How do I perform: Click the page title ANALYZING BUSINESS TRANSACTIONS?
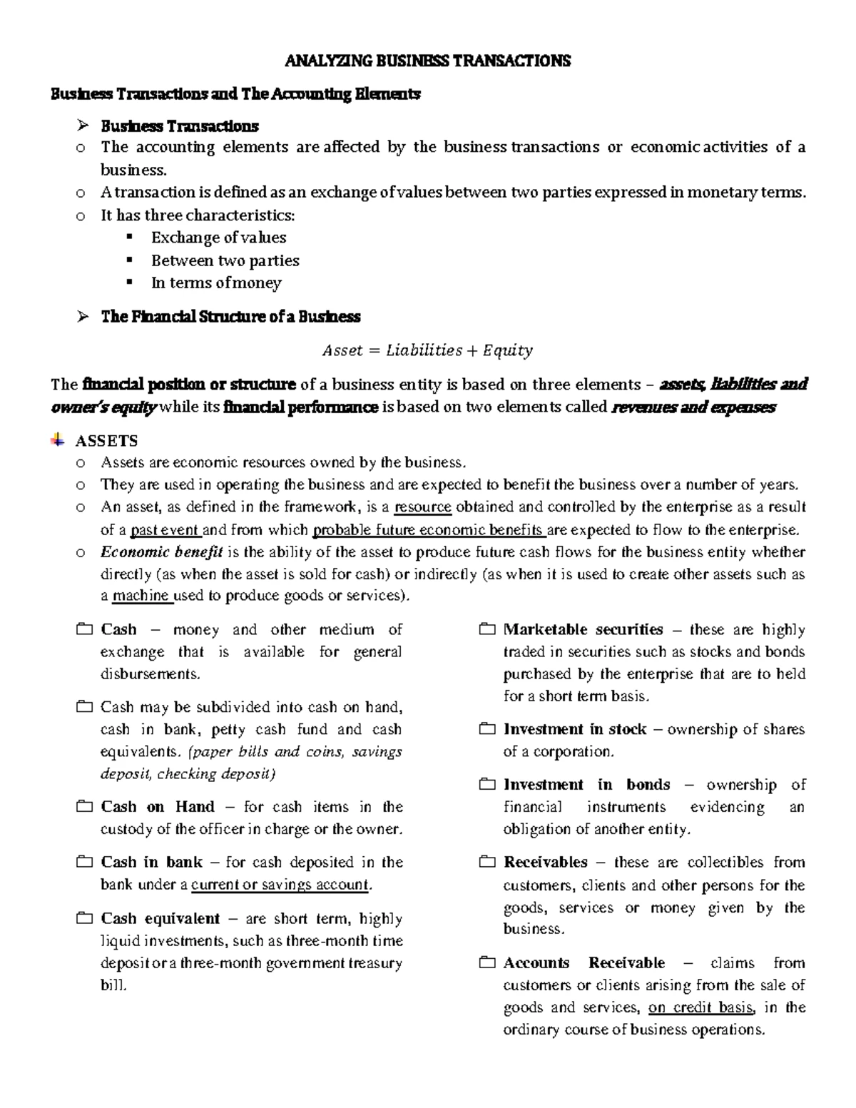428,61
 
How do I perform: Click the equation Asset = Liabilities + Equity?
427,350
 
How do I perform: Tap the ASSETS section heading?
106,441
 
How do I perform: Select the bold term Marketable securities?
583,629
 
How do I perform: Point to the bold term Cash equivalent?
160,918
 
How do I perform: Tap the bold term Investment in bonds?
586,785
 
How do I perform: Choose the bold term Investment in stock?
575,729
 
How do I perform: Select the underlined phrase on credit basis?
700,1007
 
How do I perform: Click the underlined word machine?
142,596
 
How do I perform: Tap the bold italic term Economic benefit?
162,552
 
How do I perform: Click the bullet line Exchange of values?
218,238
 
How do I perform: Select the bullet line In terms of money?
216,283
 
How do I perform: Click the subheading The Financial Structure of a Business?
230,317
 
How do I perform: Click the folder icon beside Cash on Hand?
84,807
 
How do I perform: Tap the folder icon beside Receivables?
487,863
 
